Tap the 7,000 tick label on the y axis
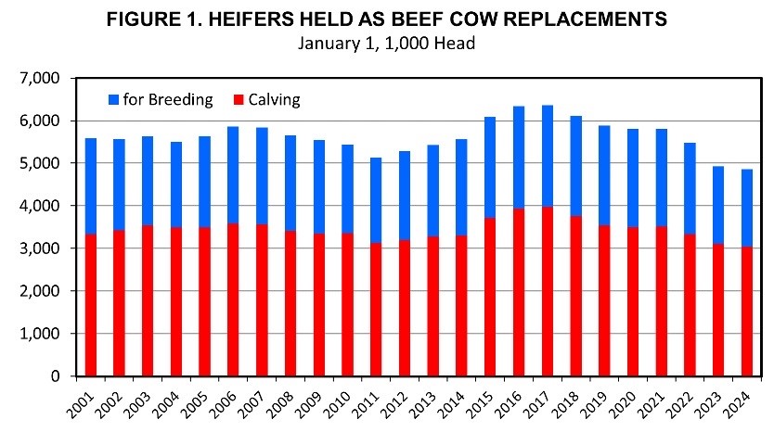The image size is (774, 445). pos(38,78)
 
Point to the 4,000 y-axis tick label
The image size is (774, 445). pos(38,206)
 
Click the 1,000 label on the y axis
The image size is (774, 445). pos(38,334)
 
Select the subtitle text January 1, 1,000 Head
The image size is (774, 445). pos(387,44)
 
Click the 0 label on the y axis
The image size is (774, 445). pos(55,376)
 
